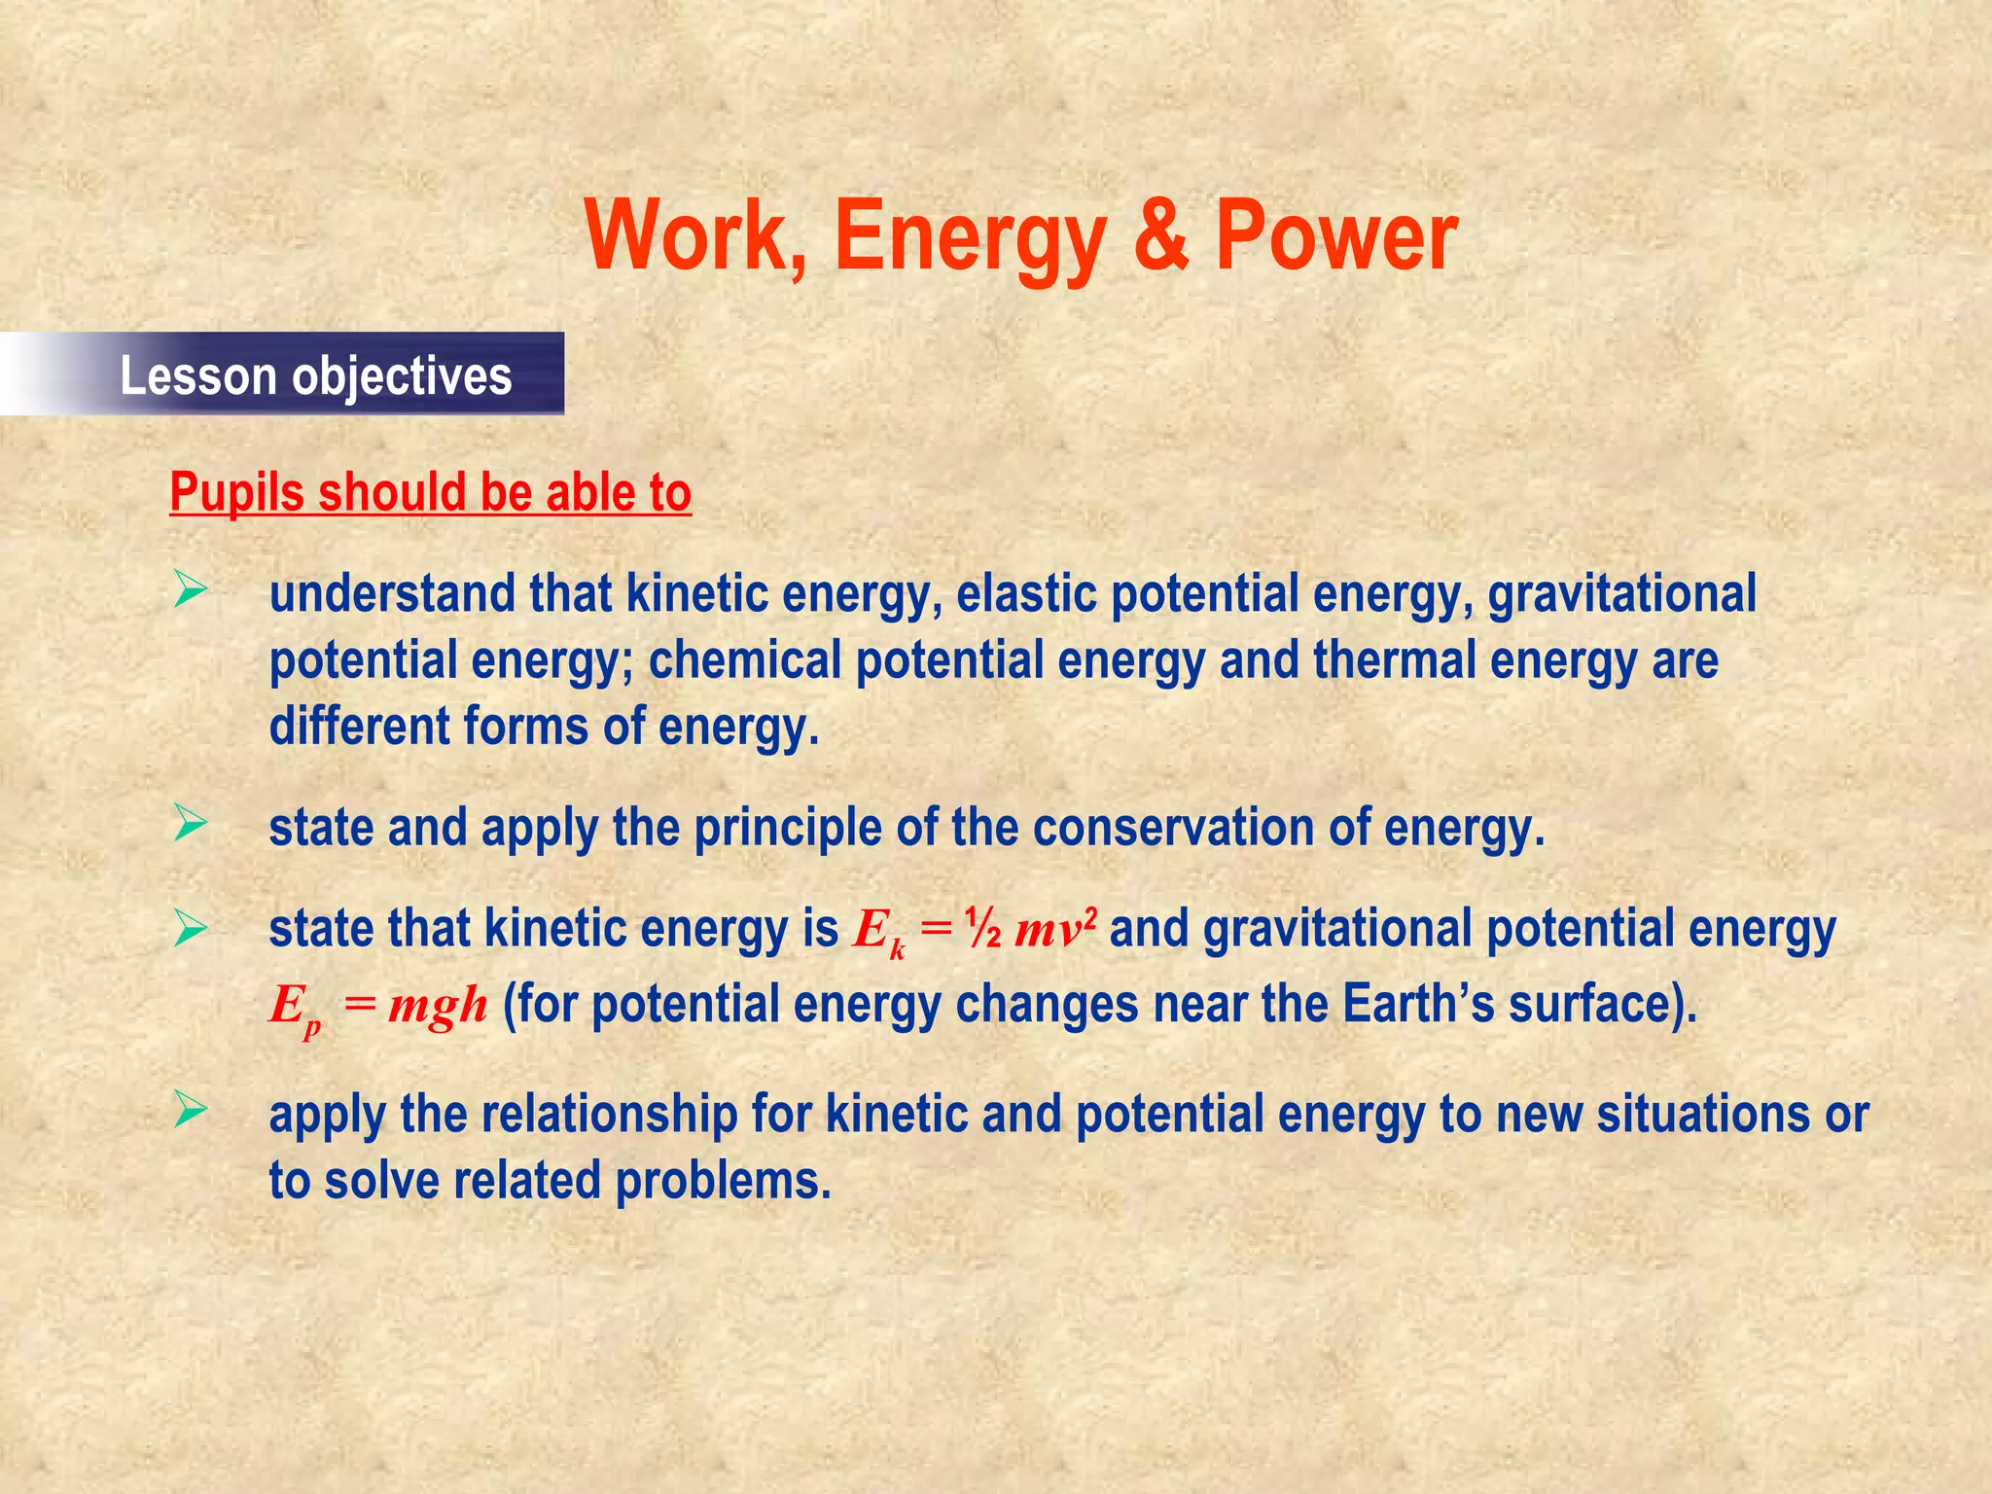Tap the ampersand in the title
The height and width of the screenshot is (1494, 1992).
(x=1160, y=236)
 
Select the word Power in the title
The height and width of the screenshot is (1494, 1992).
(x=1336, y=236)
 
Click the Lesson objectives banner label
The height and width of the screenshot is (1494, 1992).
(x=315, y=376)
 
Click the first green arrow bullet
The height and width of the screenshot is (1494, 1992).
(x=191, y=590)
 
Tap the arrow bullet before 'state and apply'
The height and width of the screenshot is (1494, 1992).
(x=191, y=824)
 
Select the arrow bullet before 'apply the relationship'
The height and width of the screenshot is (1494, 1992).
(x=191, y=1110)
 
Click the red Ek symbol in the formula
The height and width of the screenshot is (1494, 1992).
(x=878, y=932)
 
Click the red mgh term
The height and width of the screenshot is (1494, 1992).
(x=437, y=1004)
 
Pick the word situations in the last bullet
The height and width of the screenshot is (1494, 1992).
(x=1701, y=1115)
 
